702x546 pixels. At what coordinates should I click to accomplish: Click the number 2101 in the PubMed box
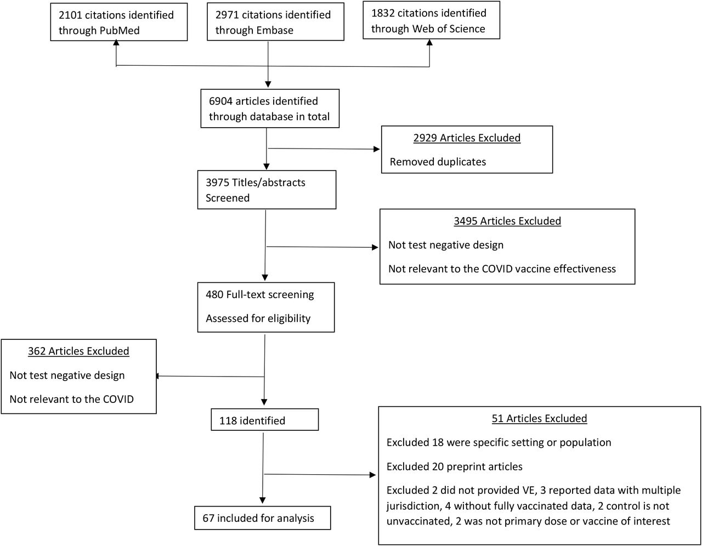coord(70,15)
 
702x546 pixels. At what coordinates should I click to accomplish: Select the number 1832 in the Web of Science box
coord(383,13)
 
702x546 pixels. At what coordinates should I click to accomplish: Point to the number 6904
coord(220,101)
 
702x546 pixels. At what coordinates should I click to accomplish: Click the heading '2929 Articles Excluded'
coord(467,138)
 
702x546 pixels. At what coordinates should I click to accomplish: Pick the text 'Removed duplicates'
coord(438,162)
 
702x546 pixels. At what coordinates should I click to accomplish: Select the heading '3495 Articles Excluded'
coord(507,221)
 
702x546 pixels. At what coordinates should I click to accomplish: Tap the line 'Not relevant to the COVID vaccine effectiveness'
coord(502,269)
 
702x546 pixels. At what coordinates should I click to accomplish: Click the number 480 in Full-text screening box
coord(214,294)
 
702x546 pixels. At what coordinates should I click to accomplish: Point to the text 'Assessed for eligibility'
coord(258,318)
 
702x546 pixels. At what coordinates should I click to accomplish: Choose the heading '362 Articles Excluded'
coord(78,351)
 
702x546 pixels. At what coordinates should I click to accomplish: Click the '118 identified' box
coord(264,419)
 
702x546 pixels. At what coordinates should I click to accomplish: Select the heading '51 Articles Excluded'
coord(539,418)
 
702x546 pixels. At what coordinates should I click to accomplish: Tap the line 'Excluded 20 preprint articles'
coord(454,467)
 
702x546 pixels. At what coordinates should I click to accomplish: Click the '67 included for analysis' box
coord(262,518)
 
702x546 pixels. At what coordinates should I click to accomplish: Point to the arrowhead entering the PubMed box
coord(116,43)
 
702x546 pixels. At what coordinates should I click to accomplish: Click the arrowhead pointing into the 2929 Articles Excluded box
coord(377,149)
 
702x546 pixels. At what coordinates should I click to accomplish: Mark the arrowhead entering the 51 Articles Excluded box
coord(372,475)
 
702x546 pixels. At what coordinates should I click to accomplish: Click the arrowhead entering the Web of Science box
coord(429,42)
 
